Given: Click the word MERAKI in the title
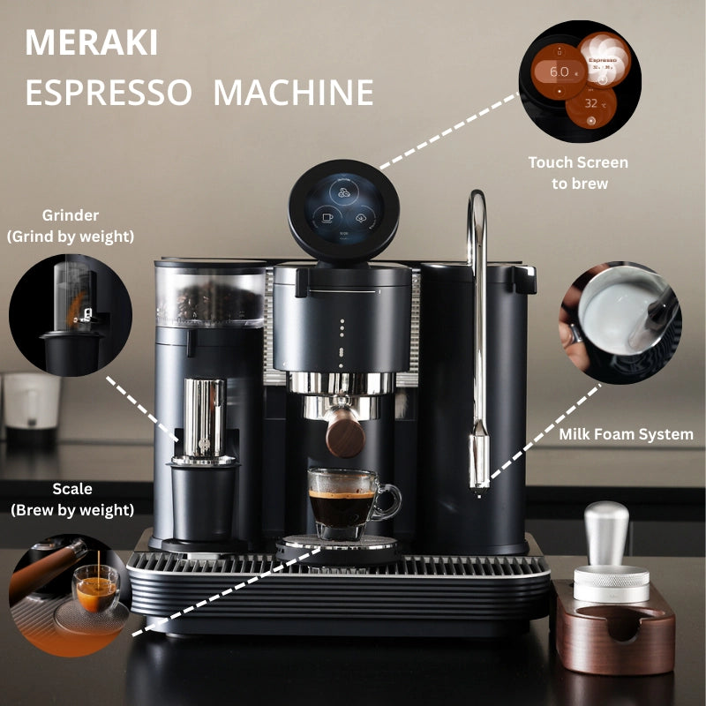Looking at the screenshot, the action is pyautogui.click(x=91, y=42).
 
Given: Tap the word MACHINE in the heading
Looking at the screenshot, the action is pyautogui.click(x=293, y=93).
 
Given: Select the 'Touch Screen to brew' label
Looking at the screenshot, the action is pyautogui.click(x=579, y=173).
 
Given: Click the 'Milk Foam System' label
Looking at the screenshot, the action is pyautogui.click(x=626, y=434).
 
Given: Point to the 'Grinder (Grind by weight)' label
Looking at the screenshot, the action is pyautogui.click(x=71, y=226).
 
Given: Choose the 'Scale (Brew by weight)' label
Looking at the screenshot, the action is pyautogui.click(x=72, y=499).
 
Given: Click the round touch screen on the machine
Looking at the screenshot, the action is pyautogui.click(x=343, y=209).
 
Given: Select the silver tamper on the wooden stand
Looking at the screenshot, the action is pyautogui.click(x=610, y=554).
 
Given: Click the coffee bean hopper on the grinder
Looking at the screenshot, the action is pyautogui.click(x=210, y=294).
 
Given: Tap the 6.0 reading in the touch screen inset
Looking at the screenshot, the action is pyautogui.click(x=559, y=71).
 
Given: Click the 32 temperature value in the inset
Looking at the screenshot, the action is pyautogui.click(x=591, y=103).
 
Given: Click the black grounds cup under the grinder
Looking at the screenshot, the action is pyautogui.click(x=204, y=502).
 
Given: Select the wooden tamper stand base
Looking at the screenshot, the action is pyautogui.click(x=615, y=628).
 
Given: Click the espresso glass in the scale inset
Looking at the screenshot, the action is pyautogui.click(x=96, y=588).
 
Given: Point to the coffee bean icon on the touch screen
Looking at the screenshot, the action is pyautogui.click(x=344, y=192).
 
